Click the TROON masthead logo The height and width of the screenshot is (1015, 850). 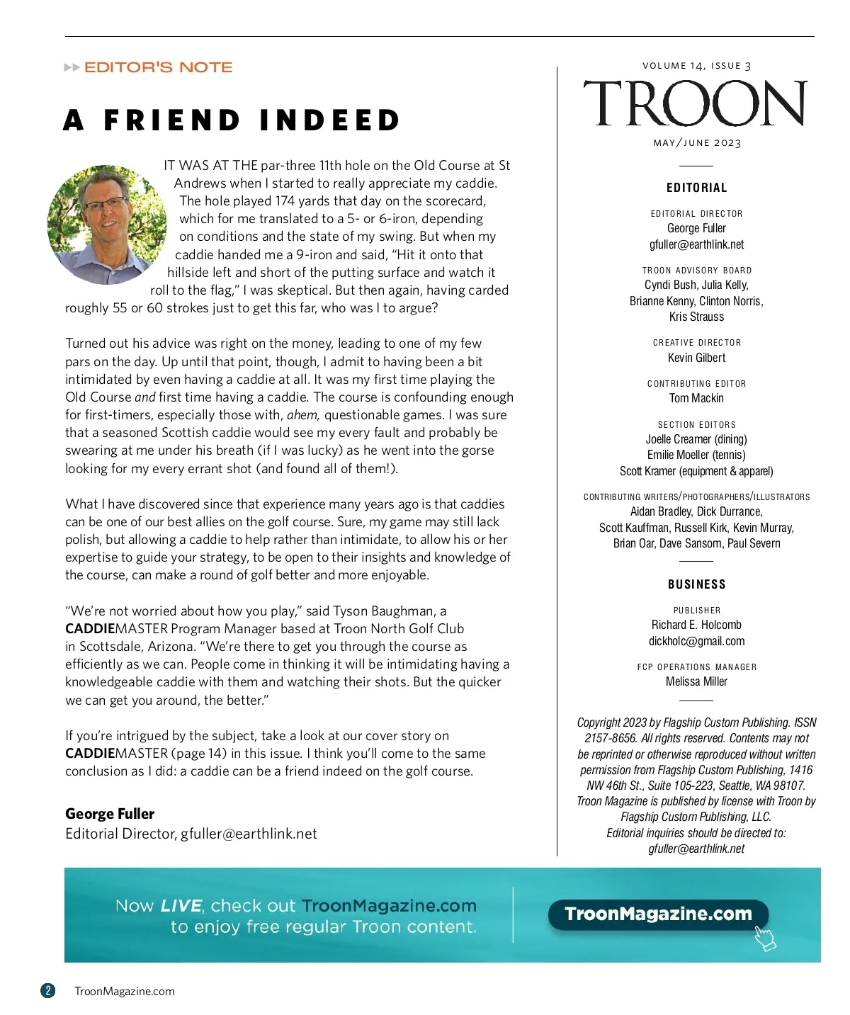click(x=695, y=103)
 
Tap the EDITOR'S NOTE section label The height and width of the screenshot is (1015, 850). click(x=158, y=67)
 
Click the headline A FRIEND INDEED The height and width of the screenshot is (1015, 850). click(x=232, y=120)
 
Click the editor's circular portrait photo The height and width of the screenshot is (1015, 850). click(x=106, y=225)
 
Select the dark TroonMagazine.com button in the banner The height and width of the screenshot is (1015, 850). click(x=658, y=914)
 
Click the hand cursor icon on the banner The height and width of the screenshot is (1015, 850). click(x=765, y=938)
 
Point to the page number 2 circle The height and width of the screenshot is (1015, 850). click(x=47, y=990)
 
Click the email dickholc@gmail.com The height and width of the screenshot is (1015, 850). click(x=696, y=641)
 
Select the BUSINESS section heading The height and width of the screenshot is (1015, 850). click(x=696, y=584)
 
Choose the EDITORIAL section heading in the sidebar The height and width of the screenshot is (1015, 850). click(x=696, y=188)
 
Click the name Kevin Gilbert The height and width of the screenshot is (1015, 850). click(x=696, y=358)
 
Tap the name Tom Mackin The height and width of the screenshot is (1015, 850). click(x=696, y=398)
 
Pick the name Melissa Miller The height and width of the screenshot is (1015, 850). click(x=696, y=681)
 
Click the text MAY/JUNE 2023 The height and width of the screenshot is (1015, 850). click(x=696, y=142)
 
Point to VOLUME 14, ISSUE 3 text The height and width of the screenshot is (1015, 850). click(x=696, y=66)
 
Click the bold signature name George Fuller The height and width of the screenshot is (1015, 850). click(x=110, y=814)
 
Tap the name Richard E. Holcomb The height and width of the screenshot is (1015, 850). click(x=696, y=625)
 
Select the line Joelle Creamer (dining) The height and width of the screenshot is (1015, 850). click(x=696, y=439)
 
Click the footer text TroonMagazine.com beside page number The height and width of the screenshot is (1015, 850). click(x=125, y=991)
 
